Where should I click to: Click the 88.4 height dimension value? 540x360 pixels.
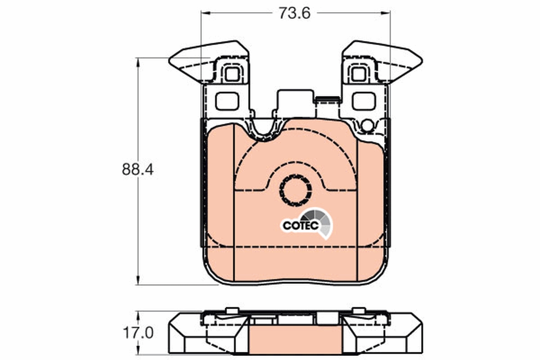pos(138,170)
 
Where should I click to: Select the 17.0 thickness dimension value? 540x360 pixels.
pos(138,333)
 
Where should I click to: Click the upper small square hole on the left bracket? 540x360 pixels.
pos(232,73)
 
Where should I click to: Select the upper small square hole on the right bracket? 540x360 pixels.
pos(359,73)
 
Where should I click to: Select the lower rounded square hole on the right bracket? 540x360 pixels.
pos(364,101)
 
